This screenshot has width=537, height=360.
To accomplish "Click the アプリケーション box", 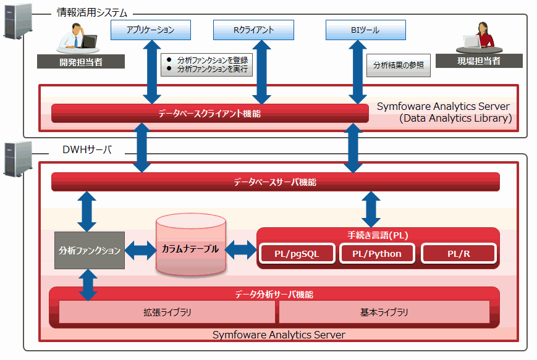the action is pyautogui.click(x=151, y=30).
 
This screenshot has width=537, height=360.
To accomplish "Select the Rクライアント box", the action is pyautogui.click(x=253, y=30).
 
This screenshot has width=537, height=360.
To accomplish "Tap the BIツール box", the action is pyautogui.click(x=366, y=30).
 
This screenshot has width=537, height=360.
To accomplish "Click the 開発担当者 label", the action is pyautogui.click(x=81, y=62).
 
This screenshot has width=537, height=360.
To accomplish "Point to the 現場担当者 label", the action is pyautogui.click(x=479, y=61).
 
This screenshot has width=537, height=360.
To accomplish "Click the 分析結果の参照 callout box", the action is pyautogui.click(x=399, y=65).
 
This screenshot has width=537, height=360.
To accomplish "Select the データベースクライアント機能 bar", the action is pyautogui.click(x=210, y=113).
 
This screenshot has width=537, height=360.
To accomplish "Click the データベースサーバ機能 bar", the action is pyautogui.click(x=276, y=182).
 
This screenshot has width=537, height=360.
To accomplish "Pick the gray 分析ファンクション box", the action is pyautogui.click(x=90, y=250).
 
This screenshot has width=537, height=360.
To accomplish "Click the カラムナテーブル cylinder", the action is pyautogui.click(x=191, y=245).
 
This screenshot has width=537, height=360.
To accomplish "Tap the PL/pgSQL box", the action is pyautogui.click(x=297, y=254).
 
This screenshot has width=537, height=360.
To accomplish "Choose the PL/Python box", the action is pyautogui.click(x=377, y=254).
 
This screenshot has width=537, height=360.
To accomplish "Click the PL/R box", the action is pyautogui.click(x=459, y=254).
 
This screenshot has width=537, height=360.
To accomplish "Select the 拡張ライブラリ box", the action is pyautogui.click(x=167, y=312).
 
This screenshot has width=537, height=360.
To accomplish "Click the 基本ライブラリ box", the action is pyautogui.click(x=384, y=312).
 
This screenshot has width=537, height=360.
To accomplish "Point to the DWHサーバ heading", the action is pyautogui.click(x=87, y=149).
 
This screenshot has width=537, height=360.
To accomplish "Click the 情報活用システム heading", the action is pyautogui.click(x=92, y=13).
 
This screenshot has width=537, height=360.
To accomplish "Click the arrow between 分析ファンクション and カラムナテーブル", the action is pyautogui.click(x=140, y=250).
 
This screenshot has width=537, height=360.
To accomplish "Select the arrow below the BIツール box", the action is pyautogui.click(x=358, y=72).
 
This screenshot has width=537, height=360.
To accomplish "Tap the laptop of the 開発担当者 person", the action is pyautogui.click(x=88, y=41).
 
